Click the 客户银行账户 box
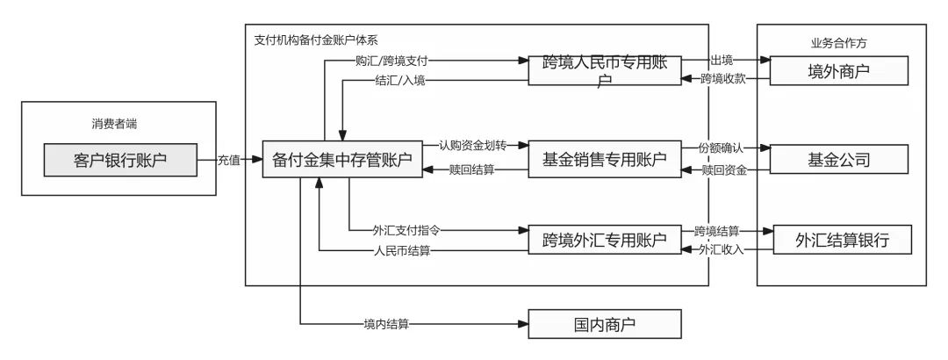[x=120, y=160]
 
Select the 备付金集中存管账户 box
[x=337, y=160]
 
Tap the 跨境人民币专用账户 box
[x=604, y=69]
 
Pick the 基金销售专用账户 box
[x=604, y=160]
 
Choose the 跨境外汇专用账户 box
[x=604, y=238]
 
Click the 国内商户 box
[x=604, y=325]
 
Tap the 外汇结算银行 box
[x=839, y=239]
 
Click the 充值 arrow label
[x=232, y=160]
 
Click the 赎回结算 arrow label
[x=471, y=169]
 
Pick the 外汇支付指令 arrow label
[x=406, y=230]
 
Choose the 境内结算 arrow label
[x=386, y=325]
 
